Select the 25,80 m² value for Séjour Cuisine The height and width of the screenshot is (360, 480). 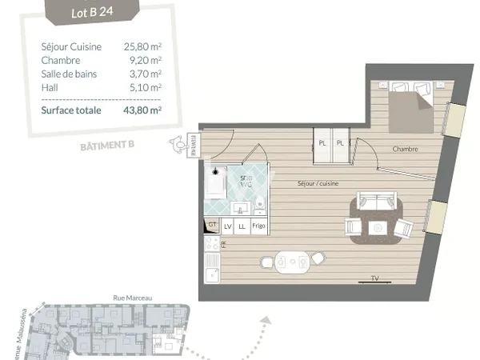(x=142, y=47)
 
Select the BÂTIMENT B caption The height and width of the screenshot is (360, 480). (x=106, y=146)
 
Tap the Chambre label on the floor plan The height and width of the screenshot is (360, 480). (x=406, y=149)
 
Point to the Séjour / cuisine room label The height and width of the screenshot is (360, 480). (x=318, y=184)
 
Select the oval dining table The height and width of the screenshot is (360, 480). (x=291, y=261)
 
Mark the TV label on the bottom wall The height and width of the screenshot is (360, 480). (x=374, y=278)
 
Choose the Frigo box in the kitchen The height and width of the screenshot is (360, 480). (x=258, y=226)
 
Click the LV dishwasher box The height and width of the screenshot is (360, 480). (x=227, y=226)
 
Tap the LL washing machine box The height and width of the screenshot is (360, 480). (x=242, y=226)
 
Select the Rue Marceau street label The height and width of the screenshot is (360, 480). (x=133, y=298)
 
